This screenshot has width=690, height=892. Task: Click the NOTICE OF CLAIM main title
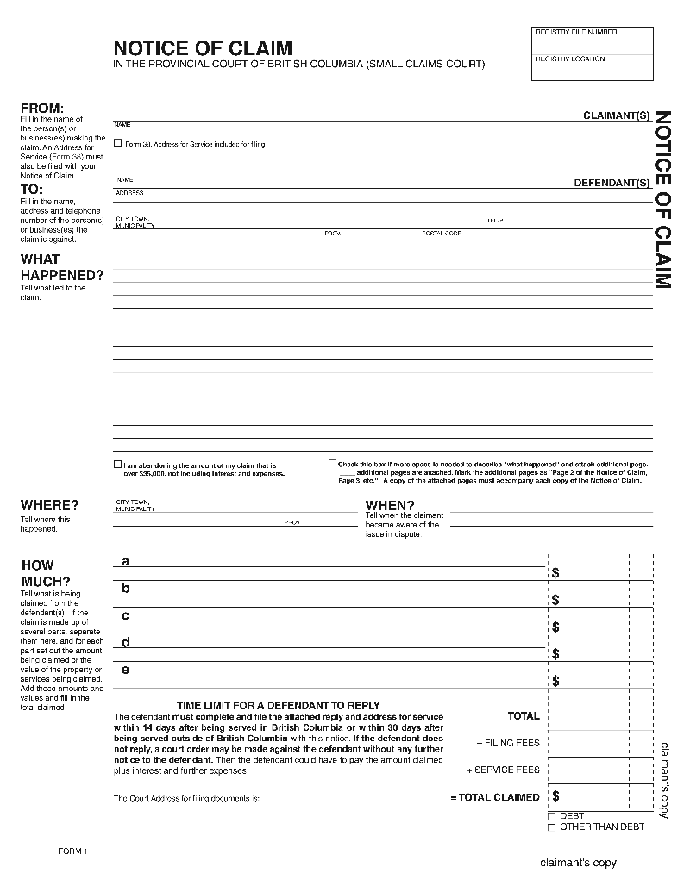(203, 48)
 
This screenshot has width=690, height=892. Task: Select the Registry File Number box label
(576, 32)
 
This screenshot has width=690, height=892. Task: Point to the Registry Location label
(570, 59)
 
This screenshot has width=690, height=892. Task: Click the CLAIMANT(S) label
(616, 115)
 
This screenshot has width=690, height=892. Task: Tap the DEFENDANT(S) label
(612, 183)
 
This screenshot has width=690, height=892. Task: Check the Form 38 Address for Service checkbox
(118, 144)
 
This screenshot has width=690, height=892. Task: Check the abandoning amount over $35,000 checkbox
(118, 465)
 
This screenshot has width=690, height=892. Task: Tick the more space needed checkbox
(332, 464)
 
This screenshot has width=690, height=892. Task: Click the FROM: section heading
(41, 109)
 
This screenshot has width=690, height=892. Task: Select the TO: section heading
(32, 190)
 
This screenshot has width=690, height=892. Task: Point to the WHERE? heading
(49, 505)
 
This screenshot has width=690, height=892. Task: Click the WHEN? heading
(390, 506)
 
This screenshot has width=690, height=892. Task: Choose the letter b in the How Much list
(125, 589)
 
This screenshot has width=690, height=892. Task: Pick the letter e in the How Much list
(125, 670)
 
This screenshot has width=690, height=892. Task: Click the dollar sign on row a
(555, 572)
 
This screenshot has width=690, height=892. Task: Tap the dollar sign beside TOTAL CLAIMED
(555, 796)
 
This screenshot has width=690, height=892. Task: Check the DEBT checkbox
(552, 816)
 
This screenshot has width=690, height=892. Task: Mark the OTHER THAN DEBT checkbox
(552, 827)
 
